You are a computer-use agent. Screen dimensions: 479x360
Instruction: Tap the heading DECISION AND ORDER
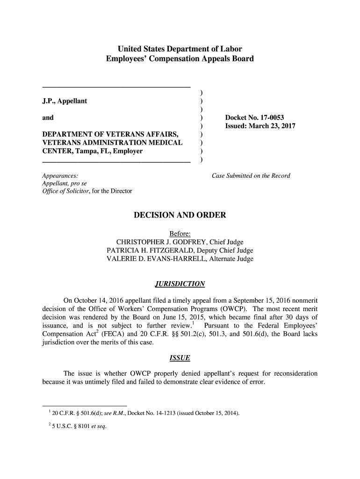[x=180, y=215]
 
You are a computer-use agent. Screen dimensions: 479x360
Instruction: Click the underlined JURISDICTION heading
[x=180, y=284]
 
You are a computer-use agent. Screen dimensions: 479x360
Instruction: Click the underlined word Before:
[x=180, y=233]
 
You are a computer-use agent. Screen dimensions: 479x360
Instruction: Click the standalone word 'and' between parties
[x=48, y=118]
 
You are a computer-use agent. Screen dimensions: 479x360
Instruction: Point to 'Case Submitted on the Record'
[x=251, y=176]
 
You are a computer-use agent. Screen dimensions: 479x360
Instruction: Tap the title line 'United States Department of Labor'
[x=180, y=49]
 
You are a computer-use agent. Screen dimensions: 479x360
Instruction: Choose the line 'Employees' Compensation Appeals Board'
[x=180, y=59]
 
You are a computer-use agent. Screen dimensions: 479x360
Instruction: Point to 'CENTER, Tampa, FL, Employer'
[x=93, y=152]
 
